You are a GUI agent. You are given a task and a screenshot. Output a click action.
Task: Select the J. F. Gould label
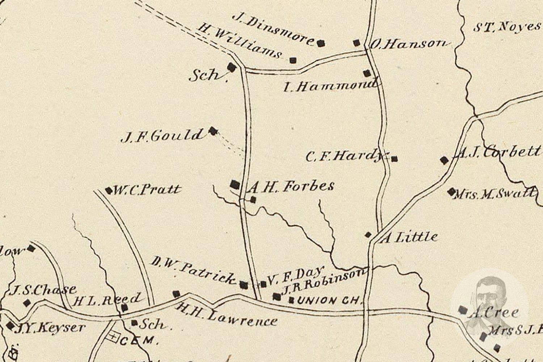162,136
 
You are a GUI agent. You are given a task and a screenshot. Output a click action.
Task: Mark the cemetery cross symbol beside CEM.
113,337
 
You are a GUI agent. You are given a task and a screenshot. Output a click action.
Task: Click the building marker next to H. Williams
293,60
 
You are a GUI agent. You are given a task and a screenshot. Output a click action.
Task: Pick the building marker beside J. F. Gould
214,131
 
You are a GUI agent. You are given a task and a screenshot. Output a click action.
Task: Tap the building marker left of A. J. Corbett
444,160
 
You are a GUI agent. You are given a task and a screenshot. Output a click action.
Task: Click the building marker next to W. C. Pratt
109,190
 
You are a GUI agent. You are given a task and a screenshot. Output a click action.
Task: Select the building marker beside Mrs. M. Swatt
451,191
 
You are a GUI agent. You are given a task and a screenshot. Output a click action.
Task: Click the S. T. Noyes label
507,27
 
